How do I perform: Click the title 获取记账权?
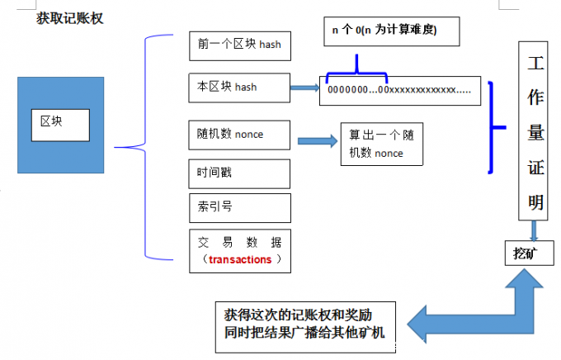[69, 17]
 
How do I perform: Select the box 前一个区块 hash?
[239, 45]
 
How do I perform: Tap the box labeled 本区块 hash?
[239, 85]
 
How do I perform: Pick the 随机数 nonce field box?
[239, 133]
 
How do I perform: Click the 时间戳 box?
[239, 173]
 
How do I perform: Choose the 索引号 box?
[239, 206]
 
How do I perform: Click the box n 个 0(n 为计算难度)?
[386, 31]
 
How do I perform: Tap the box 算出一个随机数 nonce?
[382, 144]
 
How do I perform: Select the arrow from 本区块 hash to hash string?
[304, 87]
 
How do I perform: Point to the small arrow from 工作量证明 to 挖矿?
[535, 230]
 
